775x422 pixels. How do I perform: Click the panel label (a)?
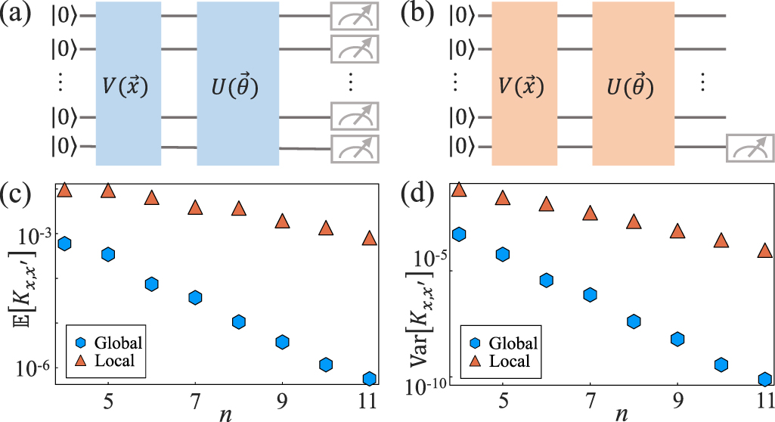tap(17, 14)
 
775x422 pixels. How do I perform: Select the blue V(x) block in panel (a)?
tap(129, 83)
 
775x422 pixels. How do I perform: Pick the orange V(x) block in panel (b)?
tap(524, 83)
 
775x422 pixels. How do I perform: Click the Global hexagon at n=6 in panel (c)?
tap(152, 284)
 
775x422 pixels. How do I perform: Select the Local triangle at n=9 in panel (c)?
tap(283, 222)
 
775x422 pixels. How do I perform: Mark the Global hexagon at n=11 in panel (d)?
tap(764, 379)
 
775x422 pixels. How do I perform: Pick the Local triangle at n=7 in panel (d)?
tap(591, 213)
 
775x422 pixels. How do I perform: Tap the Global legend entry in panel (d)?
tap(502, 343)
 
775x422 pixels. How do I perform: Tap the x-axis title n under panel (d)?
tap(622, 413)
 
